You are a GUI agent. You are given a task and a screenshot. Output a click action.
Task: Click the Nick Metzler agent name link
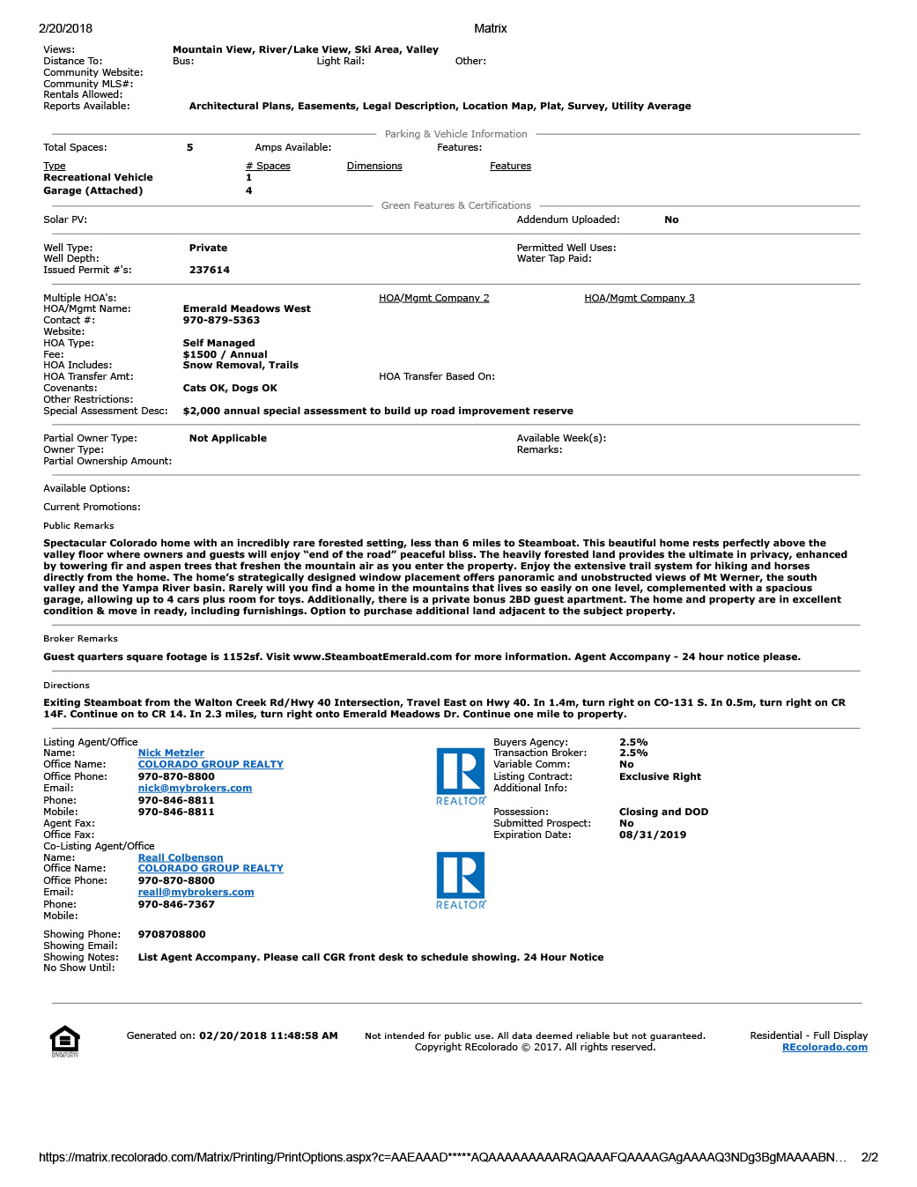[x=171, y=753]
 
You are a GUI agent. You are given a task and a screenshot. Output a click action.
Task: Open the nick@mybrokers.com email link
[x=195, y=789]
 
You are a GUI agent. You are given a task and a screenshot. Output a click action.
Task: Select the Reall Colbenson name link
[x=181, y=858]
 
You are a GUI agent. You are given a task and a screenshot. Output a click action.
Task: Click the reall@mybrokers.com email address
[x=196, y=893]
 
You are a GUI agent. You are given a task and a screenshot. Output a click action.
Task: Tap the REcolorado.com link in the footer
[x=825, y=1048]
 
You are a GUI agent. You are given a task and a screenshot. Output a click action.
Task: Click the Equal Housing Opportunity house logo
[x=65, y=1041]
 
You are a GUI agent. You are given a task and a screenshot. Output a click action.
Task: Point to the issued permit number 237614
[x=210, y=271]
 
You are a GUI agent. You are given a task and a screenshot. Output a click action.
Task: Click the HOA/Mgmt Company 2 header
[x=433, y=299]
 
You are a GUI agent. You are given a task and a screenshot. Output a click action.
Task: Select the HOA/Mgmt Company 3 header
[x=640, y=299]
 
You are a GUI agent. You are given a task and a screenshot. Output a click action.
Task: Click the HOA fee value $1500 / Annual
[x=225, y=355]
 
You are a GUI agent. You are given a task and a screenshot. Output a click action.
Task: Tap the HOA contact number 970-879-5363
[x=221, y=321]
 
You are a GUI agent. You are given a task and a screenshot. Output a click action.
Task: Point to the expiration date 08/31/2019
[x=653, y=835]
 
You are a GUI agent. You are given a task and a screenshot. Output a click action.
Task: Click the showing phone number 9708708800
[x=172, y=935]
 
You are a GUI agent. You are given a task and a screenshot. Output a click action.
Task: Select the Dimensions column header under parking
[x=374, y=167]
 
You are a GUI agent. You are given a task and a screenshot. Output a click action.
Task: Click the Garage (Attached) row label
[x=92, y=191]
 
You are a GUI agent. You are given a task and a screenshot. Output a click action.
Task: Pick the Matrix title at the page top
[x=491, y=29]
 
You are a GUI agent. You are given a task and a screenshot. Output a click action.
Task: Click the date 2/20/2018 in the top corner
[x=65, y=29]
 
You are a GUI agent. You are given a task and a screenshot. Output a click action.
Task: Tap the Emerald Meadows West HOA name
[x=247, y=309]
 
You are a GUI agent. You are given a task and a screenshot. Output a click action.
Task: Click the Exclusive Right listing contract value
[x=660, y=777]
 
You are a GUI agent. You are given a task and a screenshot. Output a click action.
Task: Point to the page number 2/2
[x=869, y=1158]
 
